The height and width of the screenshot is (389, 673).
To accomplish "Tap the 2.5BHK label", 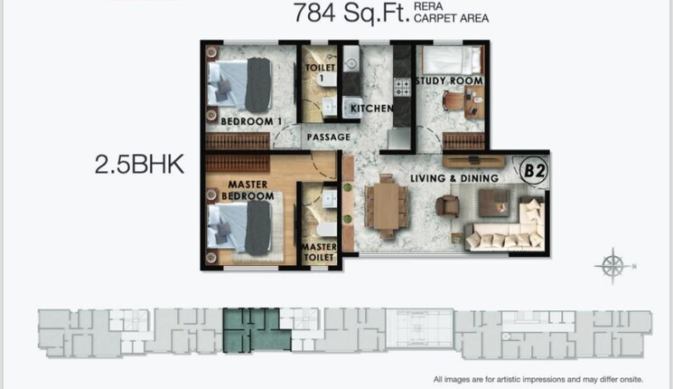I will pos(140,164).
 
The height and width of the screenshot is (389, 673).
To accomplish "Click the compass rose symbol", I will pos(612,266).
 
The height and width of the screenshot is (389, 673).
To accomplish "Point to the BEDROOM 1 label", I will pos(252,120).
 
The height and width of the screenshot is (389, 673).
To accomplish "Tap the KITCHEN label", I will pos(371,109).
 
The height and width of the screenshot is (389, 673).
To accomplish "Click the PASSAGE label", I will pos(328,138).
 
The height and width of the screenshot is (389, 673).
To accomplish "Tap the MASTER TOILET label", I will pos(319,251).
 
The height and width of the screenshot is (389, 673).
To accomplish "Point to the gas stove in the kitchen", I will pos(402,87).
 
